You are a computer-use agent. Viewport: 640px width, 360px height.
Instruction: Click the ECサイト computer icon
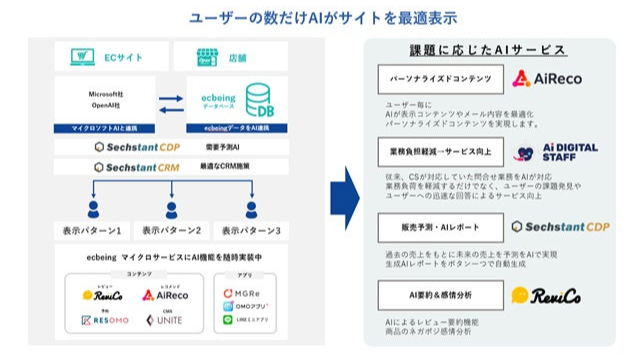click(82, 57)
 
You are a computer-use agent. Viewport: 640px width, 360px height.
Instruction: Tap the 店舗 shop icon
click(207, 57)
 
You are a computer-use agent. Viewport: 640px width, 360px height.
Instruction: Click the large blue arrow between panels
click(345, 198)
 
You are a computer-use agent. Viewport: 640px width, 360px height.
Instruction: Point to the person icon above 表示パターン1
click(93, 210)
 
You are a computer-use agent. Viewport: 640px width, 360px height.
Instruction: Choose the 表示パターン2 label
click(172, 231)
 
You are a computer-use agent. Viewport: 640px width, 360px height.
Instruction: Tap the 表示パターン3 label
click(251, 231)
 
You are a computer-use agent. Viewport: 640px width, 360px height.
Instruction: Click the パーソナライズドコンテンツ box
click(440, 79)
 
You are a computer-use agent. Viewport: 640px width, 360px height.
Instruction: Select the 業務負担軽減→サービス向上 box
click(440, 152)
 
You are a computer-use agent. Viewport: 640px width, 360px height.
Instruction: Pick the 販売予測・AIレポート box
click(440, 228)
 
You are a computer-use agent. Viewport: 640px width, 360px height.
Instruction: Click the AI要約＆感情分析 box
click(440, 295)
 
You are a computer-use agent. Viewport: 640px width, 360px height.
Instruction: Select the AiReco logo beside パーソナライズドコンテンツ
click(547, 79)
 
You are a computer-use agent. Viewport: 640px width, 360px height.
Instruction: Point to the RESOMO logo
click(105, 320)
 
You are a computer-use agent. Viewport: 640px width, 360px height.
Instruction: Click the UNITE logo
click(164, 320)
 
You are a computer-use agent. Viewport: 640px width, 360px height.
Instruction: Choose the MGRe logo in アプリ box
click(242, 294)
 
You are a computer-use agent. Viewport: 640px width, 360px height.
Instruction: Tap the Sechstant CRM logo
click(137, 167)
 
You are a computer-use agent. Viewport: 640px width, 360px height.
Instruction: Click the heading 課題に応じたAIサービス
click(488, 50)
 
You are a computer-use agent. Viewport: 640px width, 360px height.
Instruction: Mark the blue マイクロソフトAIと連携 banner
click(104, 128)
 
